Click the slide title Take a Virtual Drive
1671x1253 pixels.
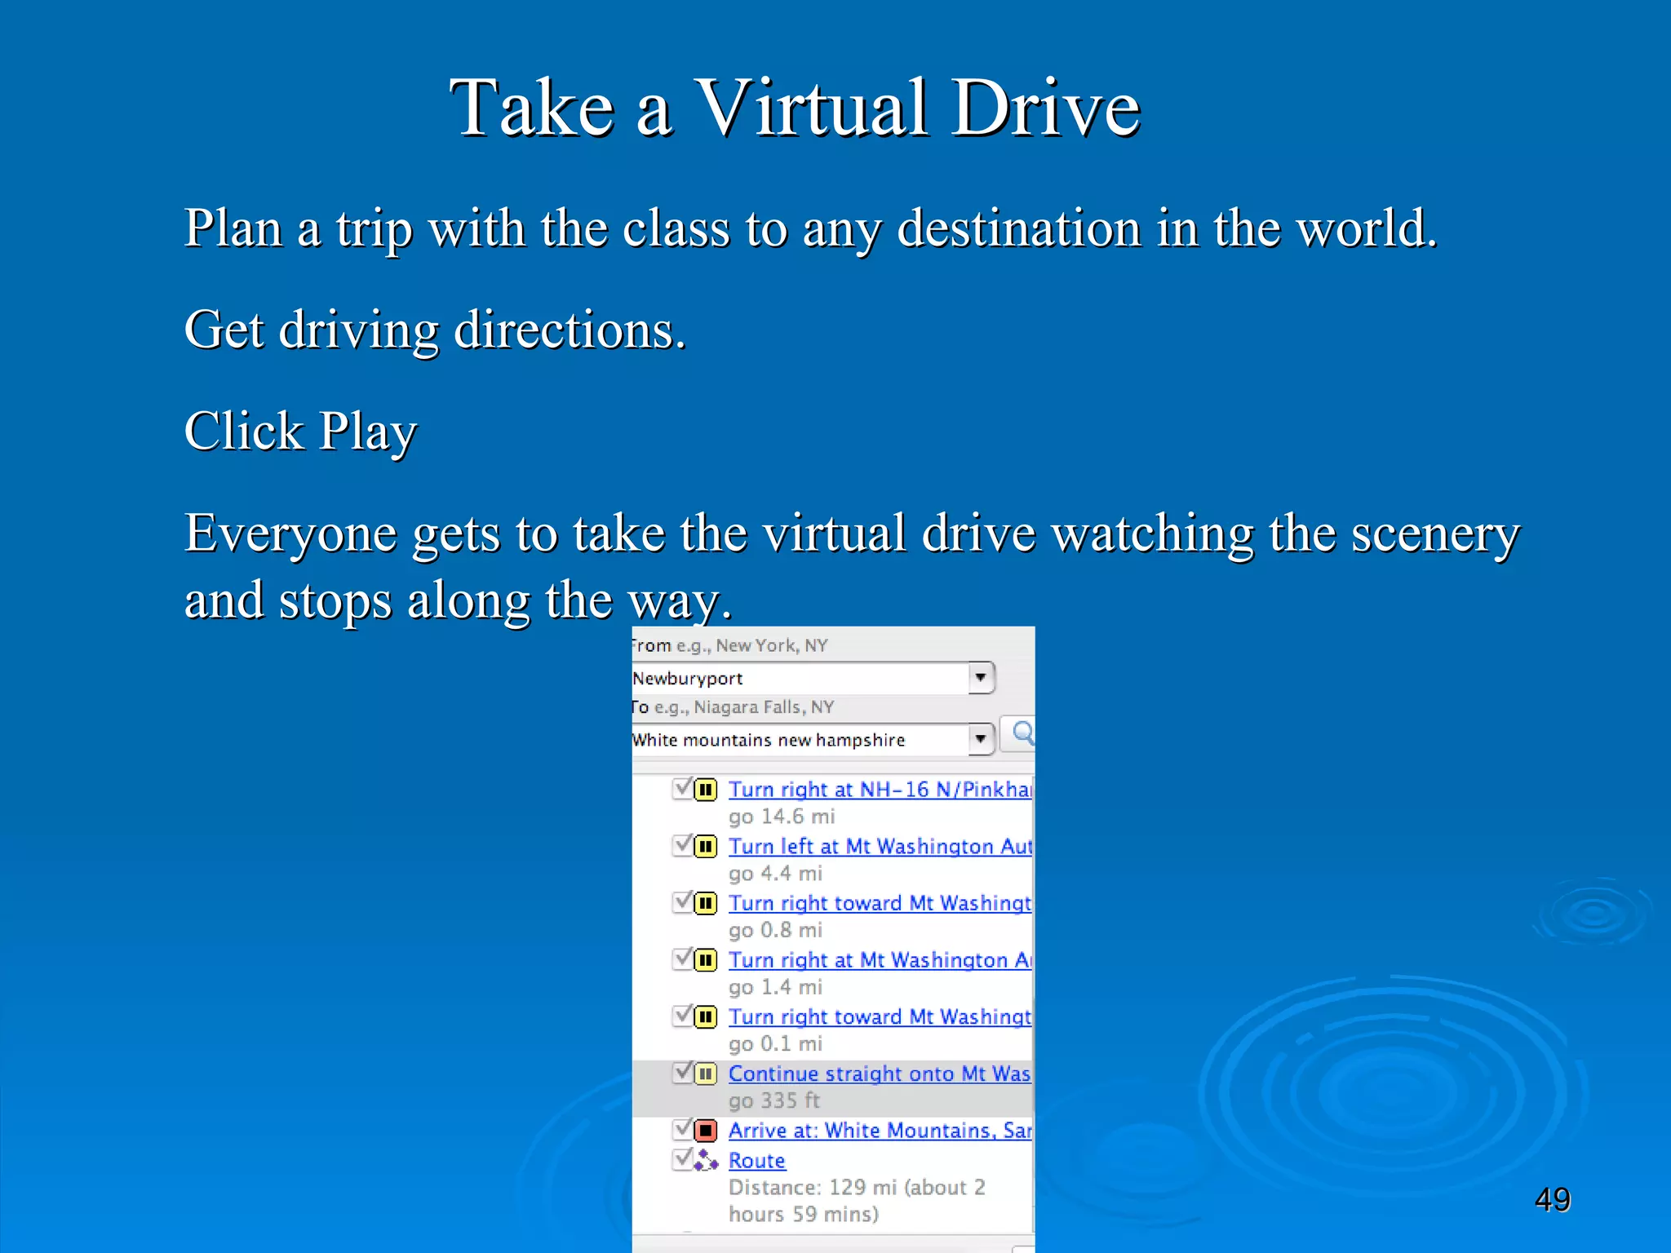coord(795,108)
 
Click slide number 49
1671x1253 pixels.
coord(1552,1200)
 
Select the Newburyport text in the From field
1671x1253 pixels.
coord(688,679)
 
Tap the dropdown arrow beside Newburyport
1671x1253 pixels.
coord(981,677)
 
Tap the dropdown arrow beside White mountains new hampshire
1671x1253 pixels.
coord(981,739)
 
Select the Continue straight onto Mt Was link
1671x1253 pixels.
coord(879,1074)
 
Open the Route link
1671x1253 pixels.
coord(756,1161)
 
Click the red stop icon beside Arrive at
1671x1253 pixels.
coord(706,1131)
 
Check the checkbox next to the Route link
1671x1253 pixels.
coord(683,1159)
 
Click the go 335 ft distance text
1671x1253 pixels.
coord(773,1101)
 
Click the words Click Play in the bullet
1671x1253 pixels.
coord(300,432)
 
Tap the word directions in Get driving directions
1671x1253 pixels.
coord(570,330)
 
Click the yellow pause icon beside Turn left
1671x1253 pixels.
coord(706,847)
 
